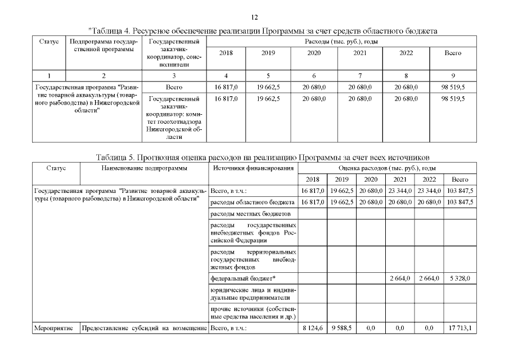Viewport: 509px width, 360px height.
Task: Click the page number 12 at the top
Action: tap(254, 17)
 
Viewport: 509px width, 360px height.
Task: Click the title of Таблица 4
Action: tap(263, 30)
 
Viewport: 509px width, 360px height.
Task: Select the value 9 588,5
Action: tap(341, 327)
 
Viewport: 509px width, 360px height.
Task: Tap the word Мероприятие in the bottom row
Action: tap(56, 327)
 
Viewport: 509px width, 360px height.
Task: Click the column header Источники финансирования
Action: tap(252, 168)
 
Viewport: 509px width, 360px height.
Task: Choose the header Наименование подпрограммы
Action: tap(145, 168)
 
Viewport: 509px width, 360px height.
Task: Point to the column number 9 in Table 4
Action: tap(453, 75)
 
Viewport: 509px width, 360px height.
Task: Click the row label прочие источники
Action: tap(252, 312)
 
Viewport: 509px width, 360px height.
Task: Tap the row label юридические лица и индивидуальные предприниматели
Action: tap(252, 294)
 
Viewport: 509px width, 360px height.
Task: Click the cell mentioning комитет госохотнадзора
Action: tap(175, 118)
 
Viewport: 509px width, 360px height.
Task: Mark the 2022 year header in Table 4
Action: tap(406, 53)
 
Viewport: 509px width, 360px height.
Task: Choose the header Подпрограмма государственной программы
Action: tap(102, 46)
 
